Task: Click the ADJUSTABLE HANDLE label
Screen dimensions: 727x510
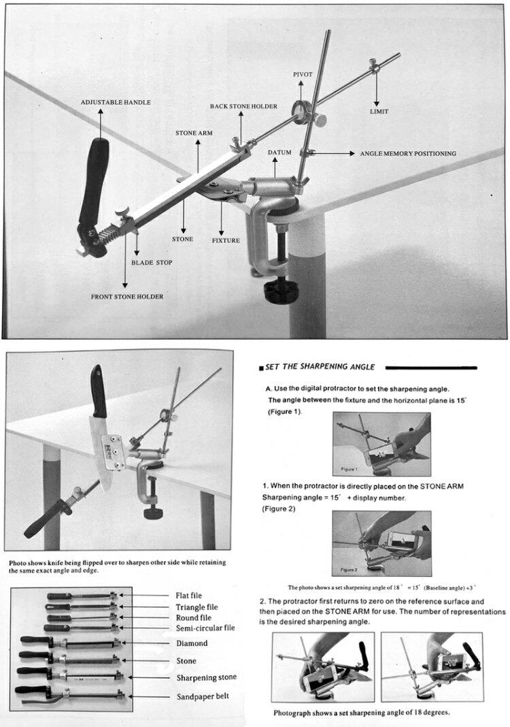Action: (x=116, y=102)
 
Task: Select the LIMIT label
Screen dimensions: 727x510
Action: (x=379, y=111)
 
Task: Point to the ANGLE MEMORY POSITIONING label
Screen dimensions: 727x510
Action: (x=408, y=154)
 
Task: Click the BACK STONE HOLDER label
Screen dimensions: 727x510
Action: (x=243, y=106)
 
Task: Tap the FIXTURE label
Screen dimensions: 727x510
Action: (x=225, y=240)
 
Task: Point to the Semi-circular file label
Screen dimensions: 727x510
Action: (x=205, y=628)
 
